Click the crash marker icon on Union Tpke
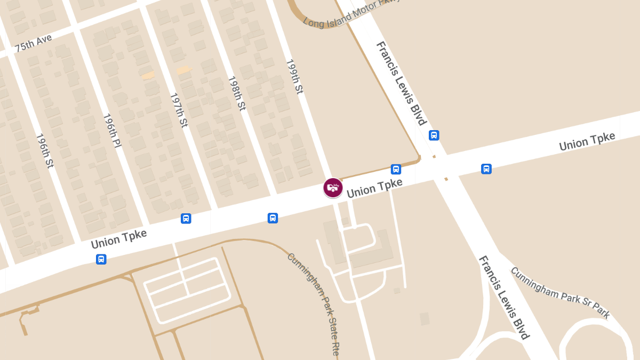(333, 188)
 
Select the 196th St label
(45, 150)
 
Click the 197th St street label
(179, 110)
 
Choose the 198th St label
(237, 93)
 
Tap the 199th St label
(294, 77)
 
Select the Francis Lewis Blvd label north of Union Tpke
(401, 83)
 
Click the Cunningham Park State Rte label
(314, 305)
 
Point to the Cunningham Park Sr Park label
(560, 293)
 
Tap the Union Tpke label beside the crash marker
(374, 188)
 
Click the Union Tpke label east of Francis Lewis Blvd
(587, 141)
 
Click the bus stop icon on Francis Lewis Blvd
(434, 135)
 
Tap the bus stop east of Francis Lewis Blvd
(486, 169)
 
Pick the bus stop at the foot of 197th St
(186, 218)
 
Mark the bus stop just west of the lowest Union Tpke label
(101, 259)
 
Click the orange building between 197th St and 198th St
(183, 70)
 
